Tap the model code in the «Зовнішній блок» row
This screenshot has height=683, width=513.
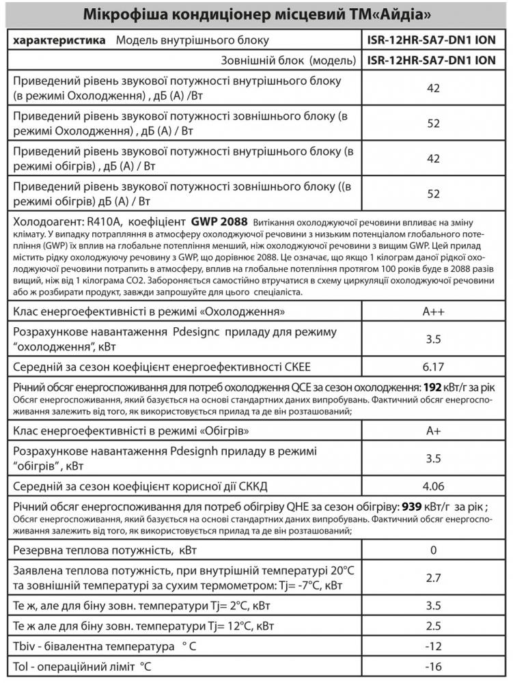(x=431, y=60)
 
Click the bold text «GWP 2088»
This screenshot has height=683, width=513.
(x=219, y=222)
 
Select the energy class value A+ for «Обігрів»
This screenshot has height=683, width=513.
(x=433, y=432)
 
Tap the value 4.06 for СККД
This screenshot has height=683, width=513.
(x=433, y=486)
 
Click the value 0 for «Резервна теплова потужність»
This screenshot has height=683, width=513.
(x=433, y=550)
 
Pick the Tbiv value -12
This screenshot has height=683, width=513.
(x=433, y=646)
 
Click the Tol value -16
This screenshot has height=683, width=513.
(x=433, y=666)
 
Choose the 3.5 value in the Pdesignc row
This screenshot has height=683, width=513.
(x=433, y=339)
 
